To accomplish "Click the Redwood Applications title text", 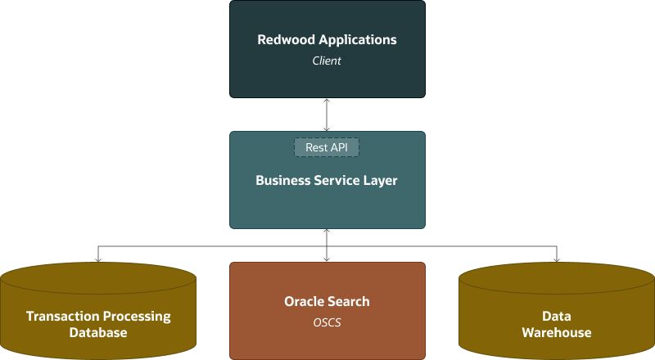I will tap(327, 39).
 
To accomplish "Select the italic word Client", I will tap(327, 61).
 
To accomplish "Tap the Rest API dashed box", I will tap(327, 147).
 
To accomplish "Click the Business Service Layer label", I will tap(327, 180).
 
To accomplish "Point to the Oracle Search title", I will tap(327, 301).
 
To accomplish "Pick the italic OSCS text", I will tap(327, 322).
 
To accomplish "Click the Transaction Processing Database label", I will tap(98, 324).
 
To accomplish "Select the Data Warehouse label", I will tap(557, 324).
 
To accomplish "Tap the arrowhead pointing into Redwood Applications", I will tap(327, 101).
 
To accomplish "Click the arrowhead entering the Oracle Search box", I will tap(327, 259).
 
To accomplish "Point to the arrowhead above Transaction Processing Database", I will tap(98, 259).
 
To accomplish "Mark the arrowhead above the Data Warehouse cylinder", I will tap(557, 259).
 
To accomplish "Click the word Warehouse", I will tap(557, 332).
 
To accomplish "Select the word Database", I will tap(98, 332).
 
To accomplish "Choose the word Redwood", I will tap(284, 39).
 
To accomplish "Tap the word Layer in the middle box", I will tap(380, 180).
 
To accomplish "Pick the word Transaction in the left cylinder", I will tap(62, 316).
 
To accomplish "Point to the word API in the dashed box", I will tap(338, 147).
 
